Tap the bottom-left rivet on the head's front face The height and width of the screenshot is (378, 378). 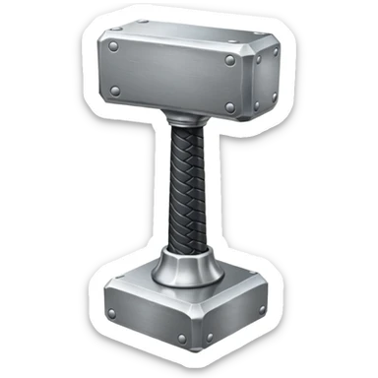pyautogui.click(x=115, y=93)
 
